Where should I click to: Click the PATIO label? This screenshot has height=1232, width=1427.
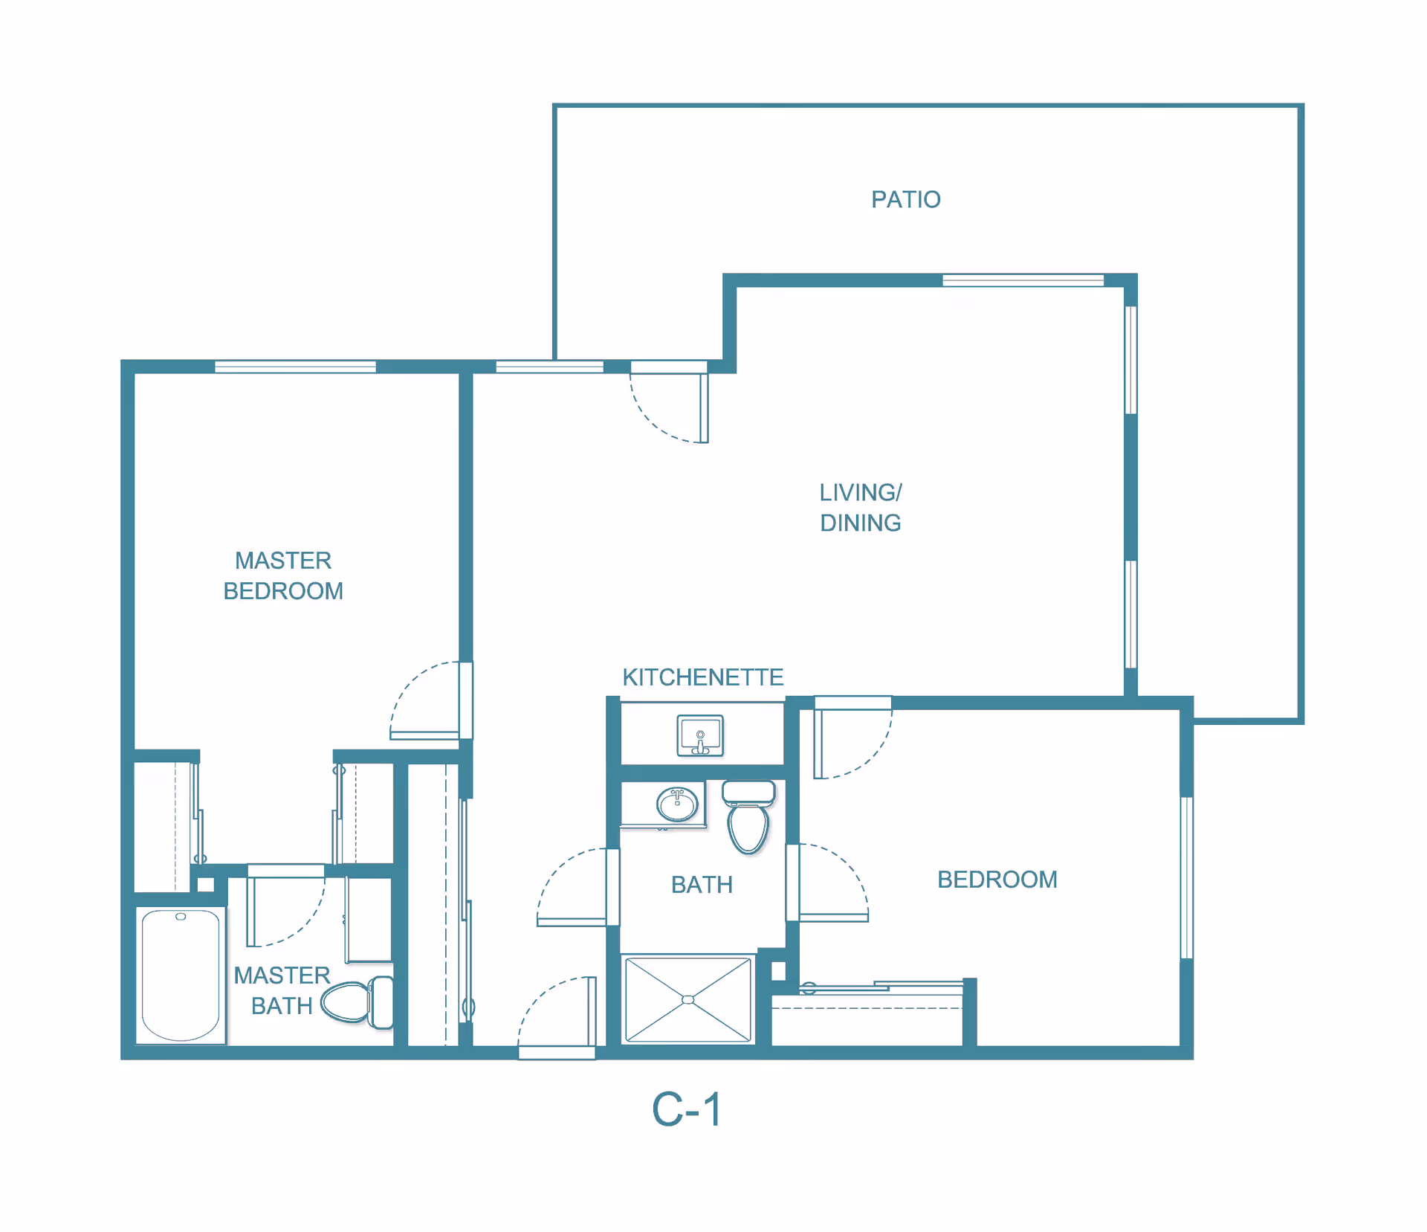pyautogui.click(x=905, y=199)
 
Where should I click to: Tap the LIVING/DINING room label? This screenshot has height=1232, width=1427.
pyautogui.click(x=860, y=507)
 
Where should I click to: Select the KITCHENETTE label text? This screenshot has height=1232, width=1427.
pyautogui.click(x=702, y=677)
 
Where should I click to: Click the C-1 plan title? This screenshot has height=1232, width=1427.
pyautogui.click(x=686, y=1109)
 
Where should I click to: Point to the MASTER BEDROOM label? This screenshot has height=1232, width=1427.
pyautogui.click(x=283, y=575)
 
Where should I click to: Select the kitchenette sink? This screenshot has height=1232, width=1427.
pyautogui.click(x=699, y=735)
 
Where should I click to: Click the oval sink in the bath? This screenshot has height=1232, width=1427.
pyautogui.click(x=677, y=804)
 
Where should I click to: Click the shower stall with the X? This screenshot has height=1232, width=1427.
pyautogui.click(x=688, y=999)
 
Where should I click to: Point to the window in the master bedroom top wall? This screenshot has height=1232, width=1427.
pyautogui.click(x=295, y=367)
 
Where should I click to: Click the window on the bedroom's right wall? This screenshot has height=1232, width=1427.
pyautogui.click(x=1186, y=877)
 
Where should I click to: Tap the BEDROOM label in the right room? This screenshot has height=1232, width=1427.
pyautogui.click(x=997, y=880)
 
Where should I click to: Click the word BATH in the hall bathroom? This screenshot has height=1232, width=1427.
pyautogui.click(x=702, y=885)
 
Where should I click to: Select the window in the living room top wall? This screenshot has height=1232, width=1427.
pyautogui.click(x=1023, y=280)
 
